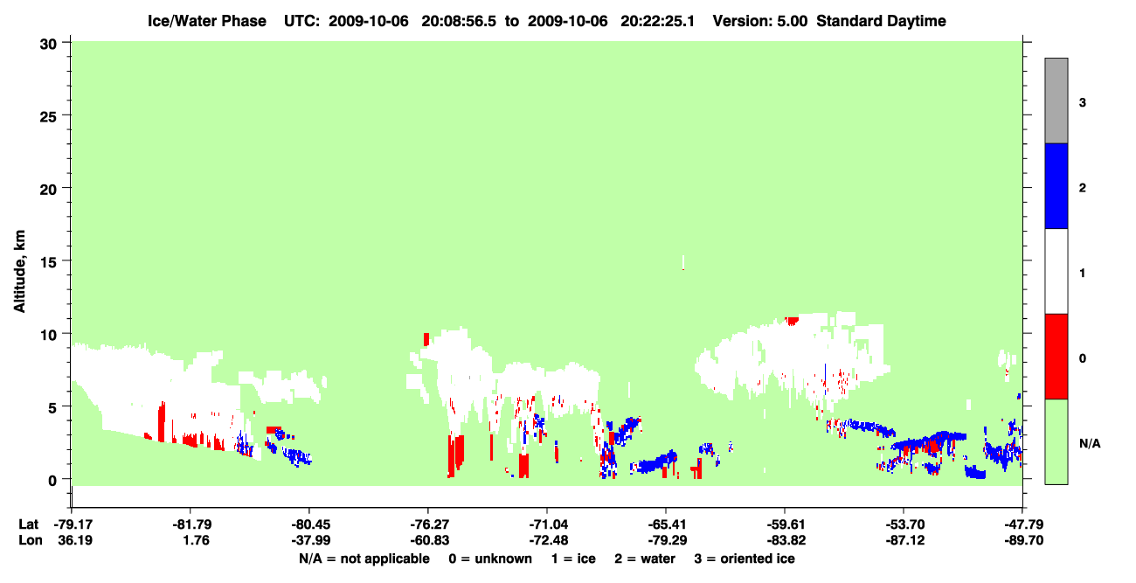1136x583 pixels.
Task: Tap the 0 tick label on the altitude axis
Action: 52,481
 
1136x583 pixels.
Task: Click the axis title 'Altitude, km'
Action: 19,271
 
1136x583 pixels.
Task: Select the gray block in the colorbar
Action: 1056,101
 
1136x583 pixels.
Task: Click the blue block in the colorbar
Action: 1056,185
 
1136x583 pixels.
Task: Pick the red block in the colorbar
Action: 1056,357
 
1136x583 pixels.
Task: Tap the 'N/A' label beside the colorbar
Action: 1090,444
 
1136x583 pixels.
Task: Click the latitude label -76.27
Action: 428,524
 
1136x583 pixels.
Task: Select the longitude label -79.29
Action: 667,540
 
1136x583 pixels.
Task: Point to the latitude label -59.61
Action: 786,524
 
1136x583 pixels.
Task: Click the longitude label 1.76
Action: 197,540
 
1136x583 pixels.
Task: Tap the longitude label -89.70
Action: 1023,540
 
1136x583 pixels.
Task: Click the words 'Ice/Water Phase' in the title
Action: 207,21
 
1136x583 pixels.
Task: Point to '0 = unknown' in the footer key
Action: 490,559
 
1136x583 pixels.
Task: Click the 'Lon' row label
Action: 31,540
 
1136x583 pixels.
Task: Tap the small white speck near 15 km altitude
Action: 683,262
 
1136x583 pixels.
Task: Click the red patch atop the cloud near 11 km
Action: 791,321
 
